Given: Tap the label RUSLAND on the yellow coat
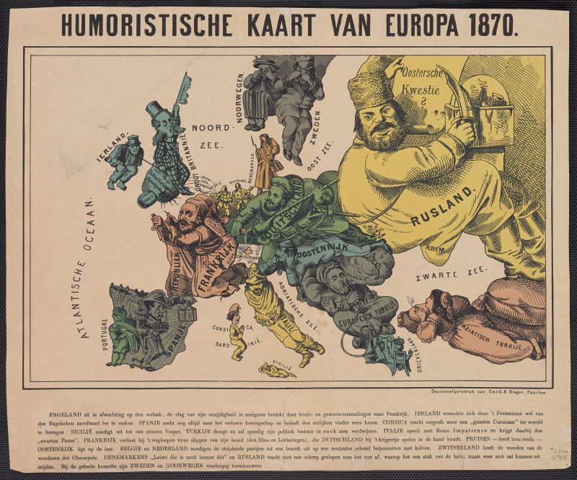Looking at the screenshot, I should click(x=444, y=206).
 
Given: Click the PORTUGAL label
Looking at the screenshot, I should click(x=105, y=336).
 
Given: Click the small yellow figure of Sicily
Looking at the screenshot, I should click(x=276, y=370).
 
